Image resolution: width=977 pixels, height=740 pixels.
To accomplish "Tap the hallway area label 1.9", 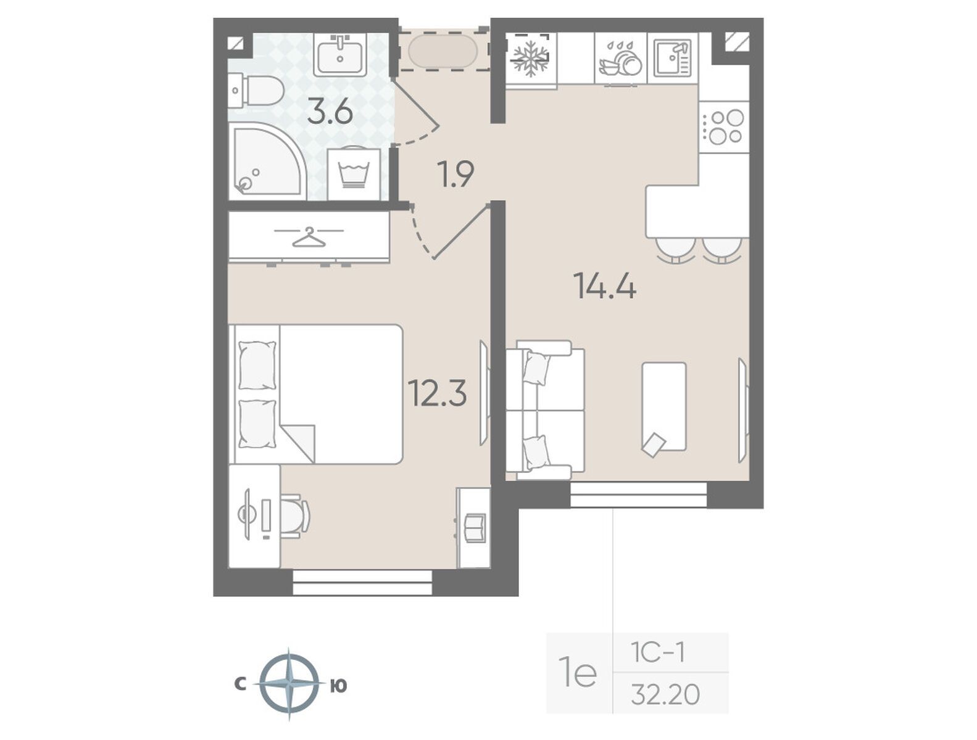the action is (455, 175).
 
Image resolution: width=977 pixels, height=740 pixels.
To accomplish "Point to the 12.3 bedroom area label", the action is (438, 393).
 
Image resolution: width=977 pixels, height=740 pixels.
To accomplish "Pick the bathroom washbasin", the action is (340, 54).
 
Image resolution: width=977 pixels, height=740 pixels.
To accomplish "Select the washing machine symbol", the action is (354, 173).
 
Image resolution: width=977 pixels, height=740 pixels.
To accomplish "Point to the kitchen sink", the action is (672, 58).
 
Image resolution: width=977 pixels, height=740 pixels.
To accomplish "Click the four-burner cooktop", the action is (723, 127).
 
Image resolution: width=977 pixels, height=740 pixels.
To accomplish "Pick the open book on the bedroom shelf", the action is (475, 527).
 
